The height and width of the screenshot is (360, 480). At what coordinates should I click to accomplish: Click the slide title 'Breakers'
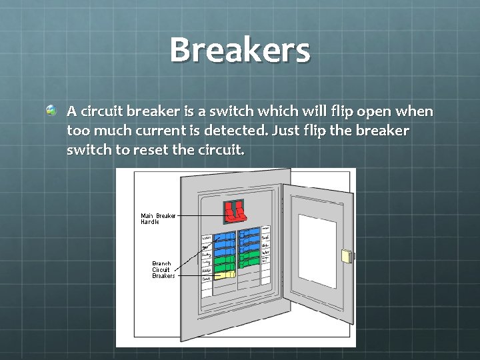pos(240,50)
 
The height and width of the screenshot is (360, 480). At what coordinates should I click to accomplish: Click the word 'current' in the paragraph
pos(151,131)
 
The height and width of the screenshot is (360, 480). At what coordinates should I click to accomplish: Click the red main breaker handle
pos(233,211)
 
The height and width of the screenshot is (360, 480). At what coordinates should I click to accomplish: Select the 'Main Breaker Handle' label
pos(158,219)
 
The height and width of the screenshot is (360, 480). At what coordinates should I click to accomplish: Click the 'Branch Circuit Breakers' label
pos(163,269)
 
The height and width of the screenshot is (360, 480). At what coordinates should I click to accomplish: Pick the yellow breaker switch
pos(226,274)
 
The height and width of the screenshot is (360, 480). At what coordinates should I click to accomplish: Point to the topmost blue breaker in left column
pos(226,236)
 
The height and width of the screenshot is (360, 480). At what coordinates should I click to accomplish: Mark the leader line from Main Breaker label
pos(200,216)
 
